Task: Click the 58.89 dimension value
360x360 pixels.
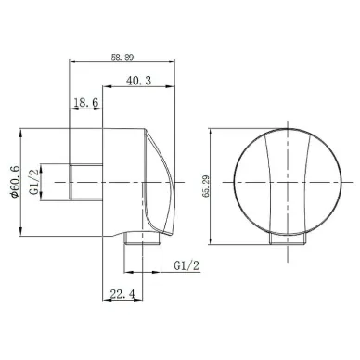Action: (x=122, y=58)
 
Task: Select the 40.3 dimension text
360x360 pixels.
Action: (x=138, y=81)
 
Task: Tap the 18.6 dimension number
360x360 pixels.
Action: (x=86, y=102)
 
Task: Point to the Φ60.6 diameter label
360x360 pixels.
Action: (x=15, y=182)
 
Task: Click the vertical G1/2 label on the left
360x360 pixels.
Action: (x=34, y=182)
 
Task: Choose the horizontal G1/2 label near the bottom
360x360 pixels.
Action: (x=186, y=265)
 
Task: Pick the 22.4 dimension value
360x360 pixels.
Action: (x=122, y=294)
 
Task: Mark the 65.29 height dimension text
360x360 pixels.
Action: (x=205, y=186)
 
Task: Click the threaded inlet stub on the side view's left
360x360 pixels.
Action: (x=86, y=182)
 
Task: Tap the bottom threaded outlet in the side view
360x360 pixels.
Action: (x=143, y=238)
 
